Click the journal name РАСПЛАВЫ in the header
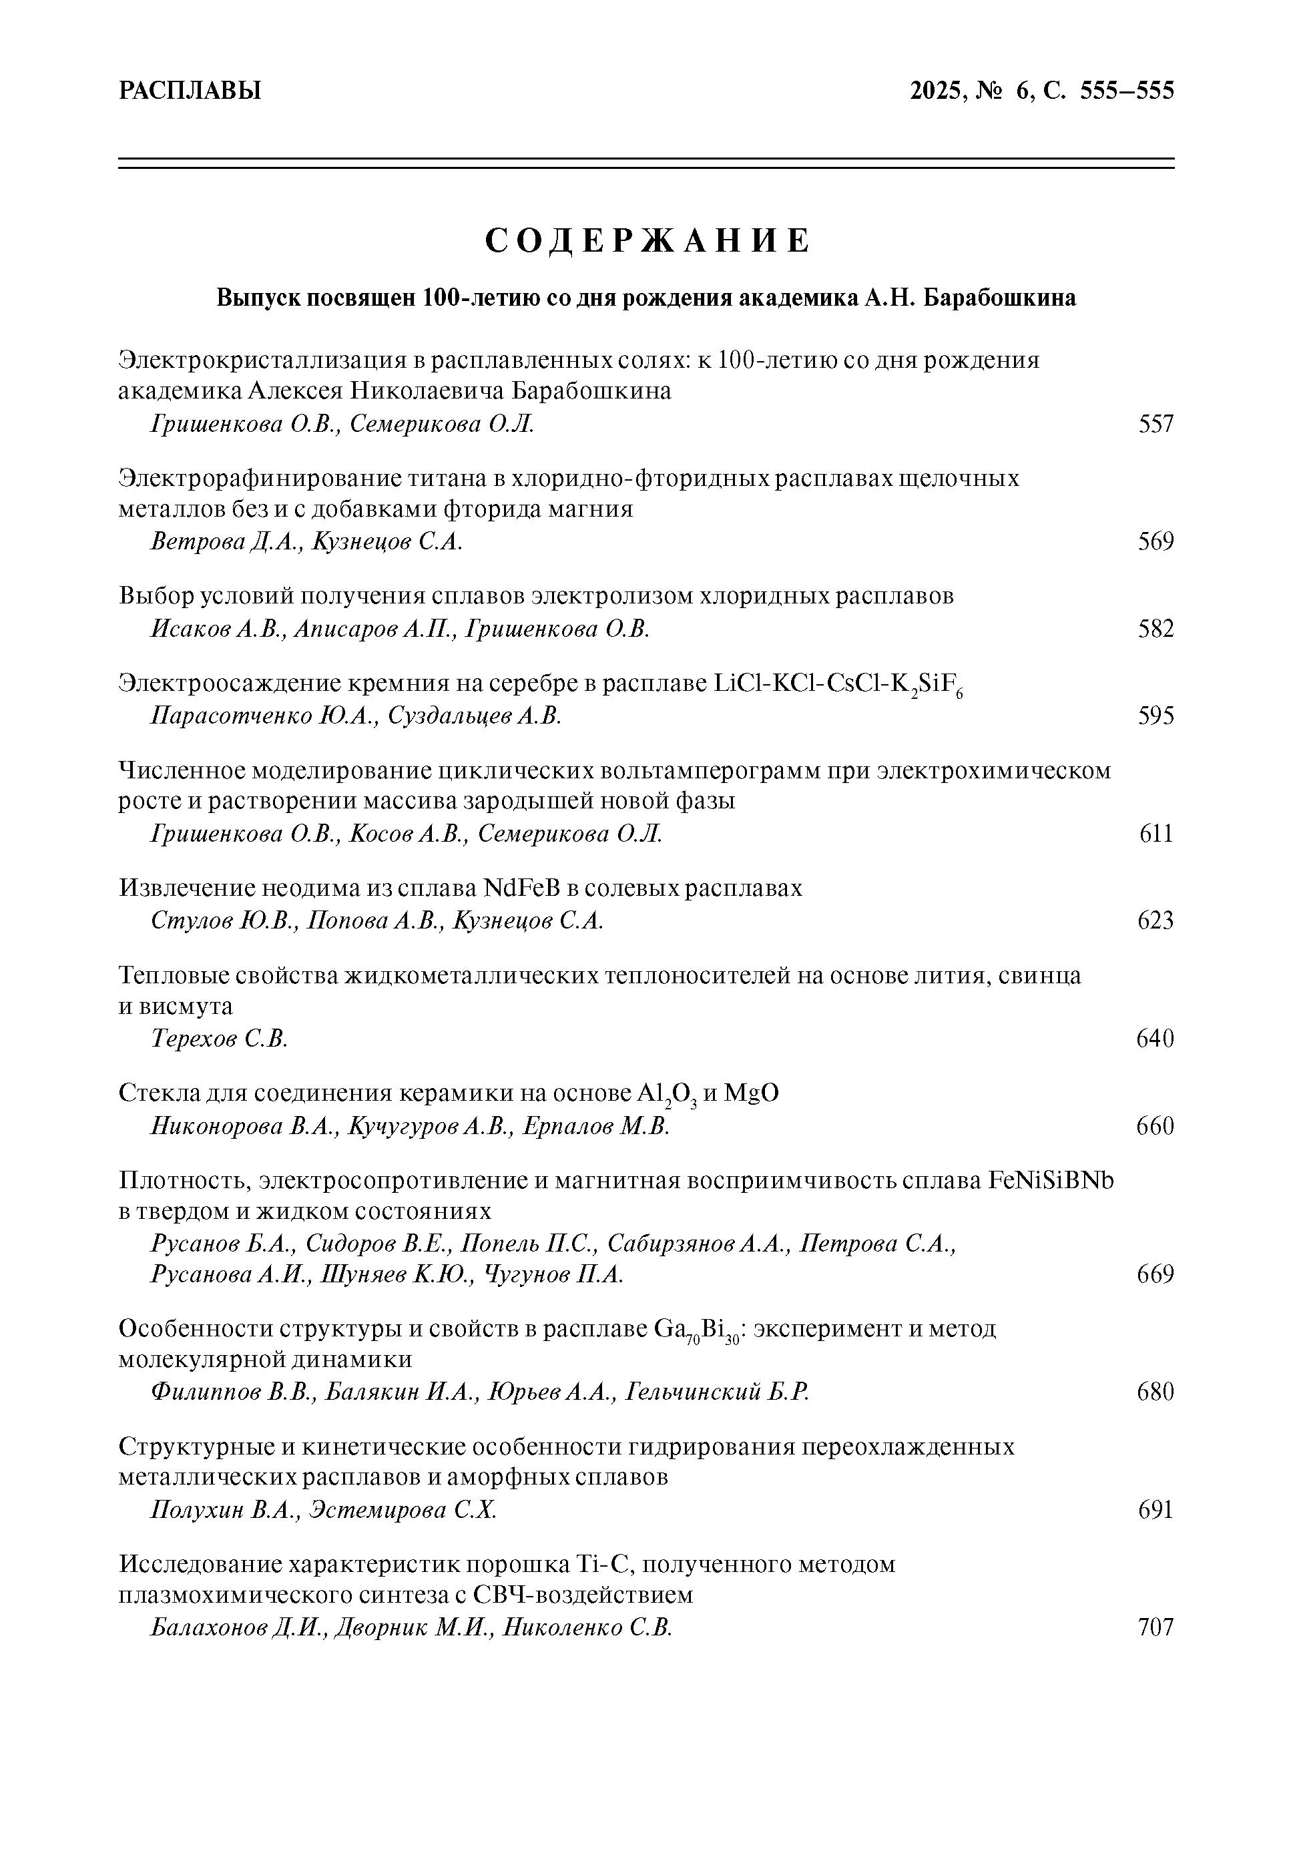190,90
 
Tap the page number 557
1155,424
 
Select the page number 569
1155,541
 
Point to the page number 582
1155,629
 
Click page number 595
1155,716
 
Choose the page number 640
1155,1039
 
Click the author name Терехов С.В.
220,1039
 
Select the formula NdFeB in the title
521,888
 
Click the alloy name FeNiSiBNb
1051,1181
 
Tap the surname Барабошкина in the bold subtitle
999,298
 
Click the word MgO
752,1093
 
